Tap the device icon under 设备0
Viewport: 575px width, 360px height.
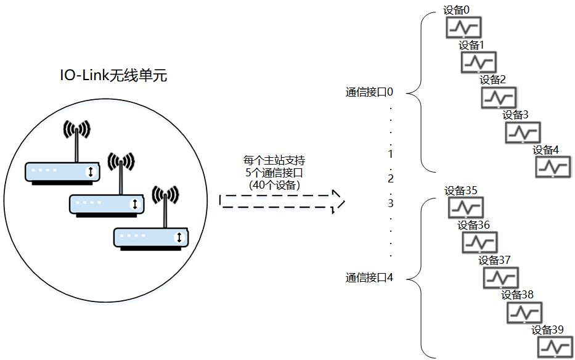(x=463, y=28)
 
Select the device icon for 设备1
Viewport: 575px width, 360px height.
(x=479, y=62)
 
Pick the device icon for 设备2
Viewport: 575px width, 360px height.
(x=499, y=97)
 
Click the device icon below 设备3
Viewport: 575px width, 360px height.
(x=523, y=132)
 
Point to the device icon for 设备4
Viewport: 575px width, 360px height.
(x=553, y=167)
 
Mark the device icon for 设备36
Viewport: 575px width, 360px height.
(x=479, y=242)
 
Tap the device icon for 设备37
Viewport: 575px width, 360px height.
(x=500, y=278)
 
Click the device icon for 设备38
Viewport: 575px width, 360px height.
(x=524, y=313)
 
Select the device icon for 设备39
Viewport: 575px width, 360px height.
(x=554, y=347)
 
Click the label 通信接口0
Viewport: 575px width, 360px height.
(x=369, y=92)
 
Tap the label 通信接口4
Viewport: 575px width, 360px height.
(x=369, y=278)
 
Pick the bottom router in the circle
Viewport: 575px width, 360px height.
(x=151, y=237)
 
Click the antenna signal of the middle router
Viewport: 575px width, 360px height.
(x=121, y=162)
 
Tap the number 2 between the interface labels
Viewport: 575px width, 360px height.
(x=390, y=179)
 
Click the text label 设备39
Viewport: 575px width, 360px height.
(x=547, y=330)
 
